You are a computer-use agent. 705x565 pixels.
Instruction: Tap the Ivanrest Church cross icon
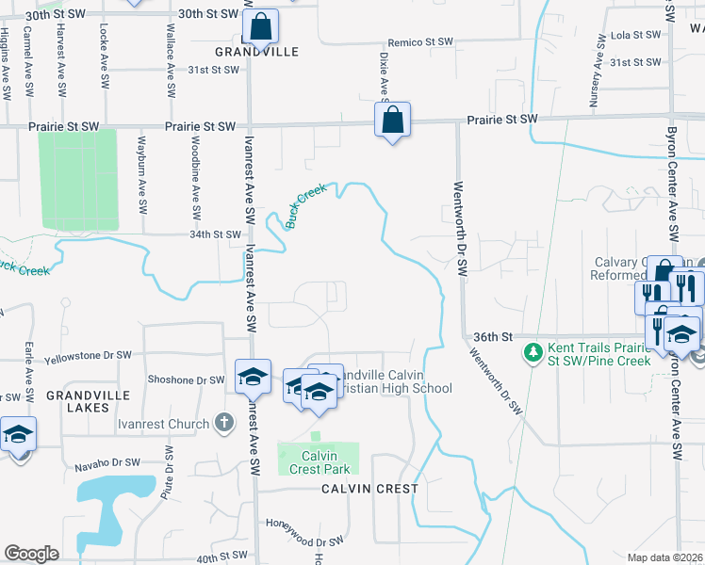(222, 423)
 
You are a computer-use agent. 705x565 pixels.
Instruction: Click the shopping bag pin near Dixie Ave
(392, 121)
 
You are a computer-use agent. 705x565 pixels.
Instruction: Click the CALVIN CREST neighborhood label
(369, 489)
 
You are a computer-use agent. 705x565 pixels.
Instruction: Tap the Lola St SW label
(635, 35)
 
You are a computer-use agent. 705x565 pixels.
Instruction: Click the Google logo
(31, 553)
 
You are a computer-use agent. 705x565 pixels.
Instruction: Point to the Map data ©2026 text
(664, 557)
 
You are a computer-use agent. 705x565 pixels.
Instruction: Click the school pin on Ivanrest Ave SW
(253, 378)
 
